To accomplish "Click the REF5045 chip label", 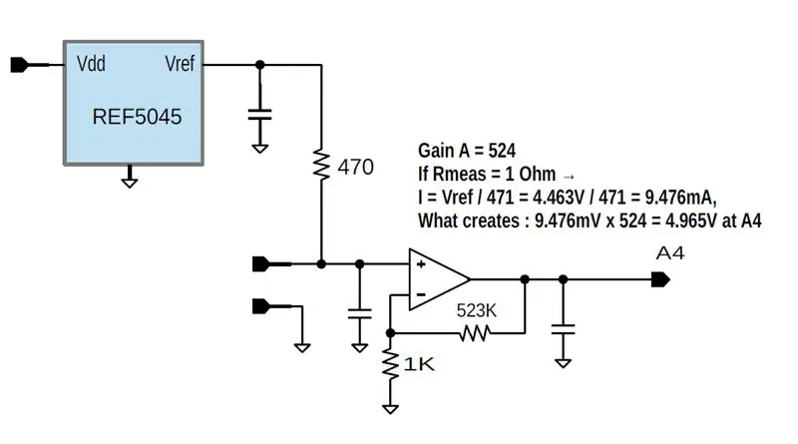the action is pyautogui.click(x=137, y=117).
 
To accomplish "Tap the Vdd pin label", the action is pyautogui.click(x=91, y=64).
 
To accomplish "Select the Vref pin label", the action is pyautogui.click(x=180, y=64).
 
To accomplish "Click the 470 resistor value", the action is pyautogui.click(x=356, y=167).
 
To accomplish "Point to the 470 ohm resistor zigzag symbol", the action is pyautogui.click(x=321, y=164).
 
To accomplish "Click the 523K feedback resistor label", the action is pyautogui.click(x=476, y=310).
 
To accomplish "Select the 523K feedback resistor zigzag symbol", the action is pyautogui.click(x=475, y=333).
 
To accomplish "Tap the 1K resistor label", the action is pyautogui.click(x=419, y=364).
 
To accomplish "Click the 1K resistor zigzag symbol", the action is pyautogui.click(x=390, y=363).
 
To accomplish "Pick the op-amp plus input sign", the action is pyautogui.click(x=421, y=264).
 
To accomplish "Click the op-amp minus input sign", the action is pyautogui.click(x=421, y=294).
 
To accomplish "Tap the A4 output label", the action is pyautogui.click(x=670, y=253).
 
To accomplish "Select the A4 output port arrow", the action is pyautogui.click(x=660, y=279).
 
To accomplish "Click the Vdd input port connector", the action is pyautogui.click(x=20, y=65).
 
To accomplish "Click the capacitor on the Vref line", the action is pyautogui.click(x=260, y=115).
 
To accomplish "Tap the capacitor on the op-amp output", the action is pyautogui.click(x=563, y=329).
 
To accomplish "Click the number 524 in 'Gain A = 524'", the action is pyautogui.click(x=502, y=151).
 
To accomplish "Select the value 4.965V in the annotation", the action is pyautogui.click(x=689, y=221).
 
